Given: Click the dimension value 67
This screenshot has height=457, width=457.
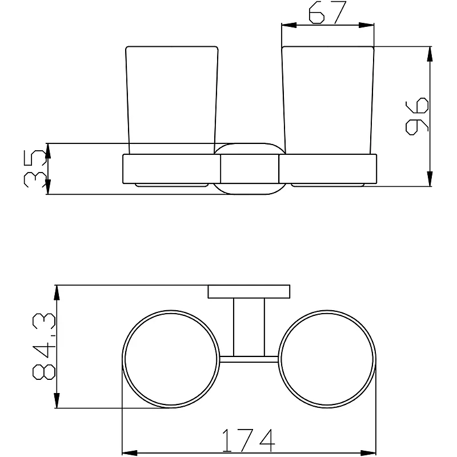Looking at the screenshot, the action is click(x=327, y=13).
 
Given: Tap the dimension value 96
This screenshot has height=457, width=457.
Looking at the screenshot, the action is click(x=417, y=116).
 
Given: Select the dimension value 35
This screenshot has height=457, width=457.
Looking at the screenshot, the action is click(x=35, y=169).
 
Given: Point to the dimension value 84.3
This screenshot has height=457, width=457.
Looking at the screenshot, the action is click(x=44, y=347).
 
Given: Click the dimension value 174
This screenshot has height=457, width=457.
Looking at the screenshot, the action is click(x=248, y=440).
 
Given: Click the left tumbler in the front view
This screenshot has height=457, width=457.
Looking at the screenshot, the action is click(x=172, y=100).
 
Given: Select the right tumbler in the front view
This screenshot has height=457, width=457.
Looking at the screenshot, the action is click(x=328, y=100).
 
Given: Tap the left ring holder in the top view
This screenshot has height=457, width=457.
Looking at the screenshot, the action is click(x=171, y=310).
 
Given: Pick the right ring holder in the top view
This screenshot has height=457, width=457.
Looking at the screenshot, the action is click(x=327, y=310).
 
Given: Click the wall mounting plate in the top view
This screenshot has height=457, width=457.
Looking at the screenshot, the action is click(x=249, y=291).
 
